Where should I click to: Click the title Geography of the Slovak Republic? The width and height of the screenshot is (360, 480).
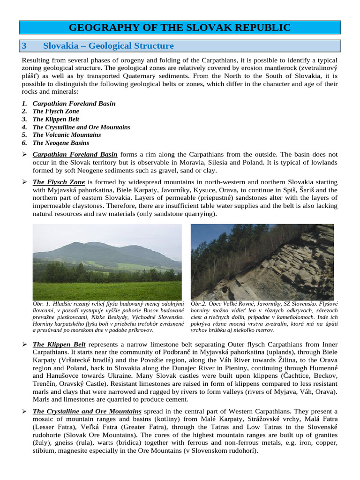(x=180, y=28)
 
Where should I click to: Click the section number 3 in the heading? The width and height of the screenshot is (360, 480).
(x=25, y=46)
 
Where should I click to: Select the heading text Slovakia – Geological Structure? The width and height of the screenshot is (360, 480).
(x=108, y=46)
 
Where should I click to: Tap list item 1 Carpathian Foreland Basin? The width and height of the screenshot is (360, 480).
(x=74, y=103)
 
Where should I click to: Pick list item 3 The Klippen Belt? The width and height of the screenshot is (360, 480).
(x=56, y=119)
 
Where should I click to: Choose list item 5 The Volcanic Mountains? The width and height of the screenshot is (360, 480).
(x=67, y=135)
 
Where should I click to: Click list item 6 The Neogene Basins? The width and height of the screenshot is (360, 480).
(x=60, y=143)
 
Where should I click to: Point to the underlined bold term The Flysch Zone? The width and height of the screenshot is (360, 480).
(x=59, y=182)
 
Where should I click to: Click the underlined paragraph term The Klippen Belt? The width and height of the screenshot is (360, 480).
(x=59, y=345)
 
